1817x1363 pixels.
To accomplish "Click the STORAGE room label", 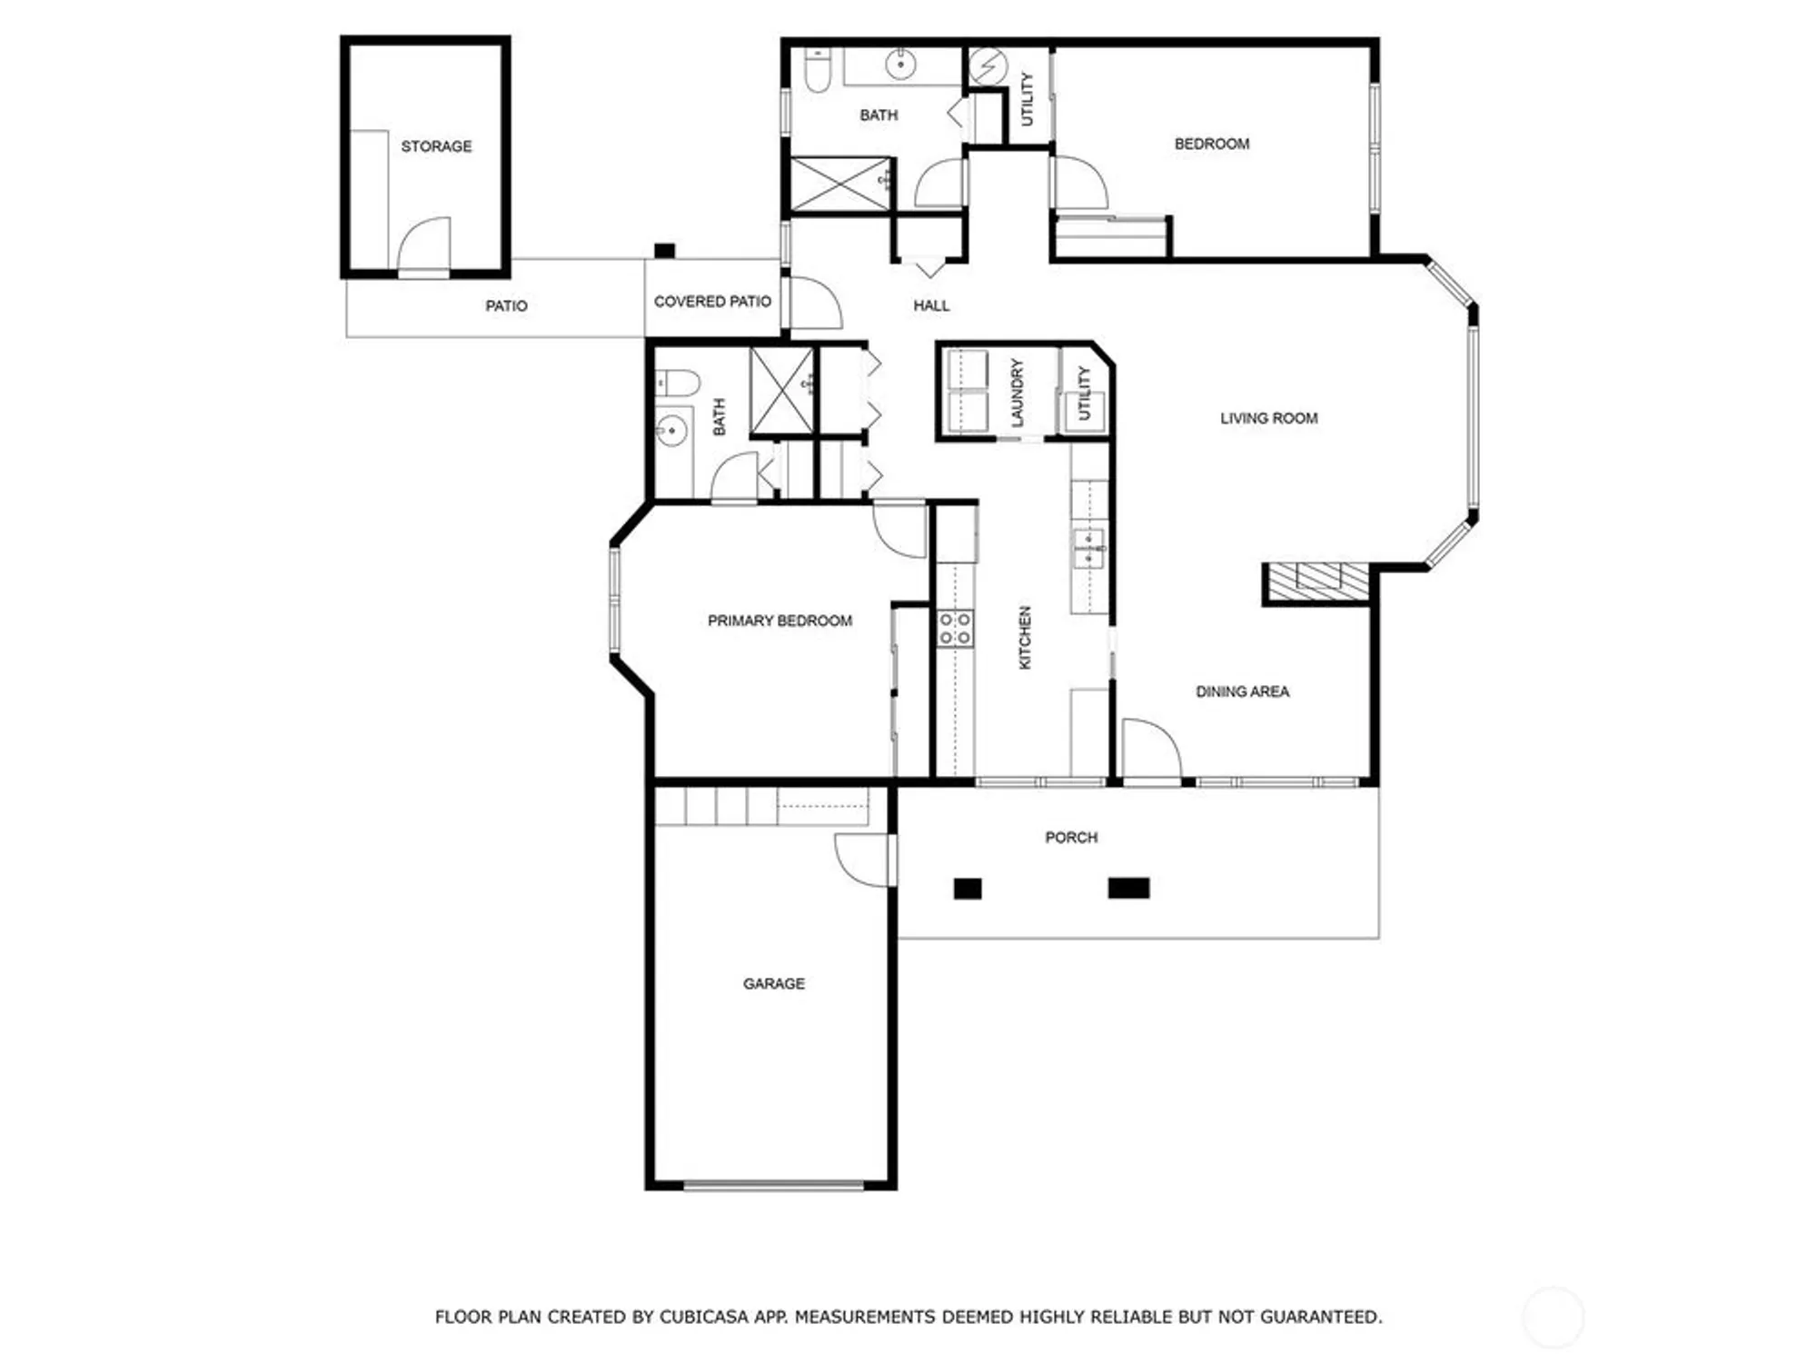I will [436, 146].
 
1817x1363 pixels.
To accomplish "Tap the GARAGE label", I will [774, 983].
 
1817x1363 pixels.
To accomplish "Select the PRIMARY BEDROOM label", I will [779, 621].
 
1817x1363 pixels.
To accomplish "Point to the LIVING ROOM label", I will [1268, 418].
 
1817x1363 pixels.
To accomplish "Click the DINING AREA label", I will [1242, 691].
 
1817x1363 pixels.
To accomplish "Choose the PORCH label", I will [1071, 837].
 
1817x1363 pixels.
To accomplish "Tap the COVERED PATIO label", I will [712, 302].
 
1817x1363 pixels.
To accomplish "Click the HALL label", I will [931, 305].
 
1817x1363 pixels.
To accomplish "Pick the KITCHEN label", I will [1026, 638].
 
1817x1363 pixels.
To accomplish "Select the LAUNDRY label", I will [1018, 393].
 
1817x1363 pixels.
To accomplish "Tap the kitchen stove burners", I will [955, 628].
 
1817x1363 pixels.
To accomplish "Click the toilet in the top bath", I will [818, 73].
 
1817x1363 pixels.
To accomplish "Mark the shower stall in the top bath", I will [840, 185].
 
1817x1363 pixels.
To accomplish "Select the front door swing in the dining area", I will [1149, 750].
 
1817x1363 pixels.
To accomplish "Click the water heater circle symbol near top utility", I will [988, 65].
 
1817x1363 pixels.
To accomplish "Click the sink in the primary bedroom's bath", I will [671, 431].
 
